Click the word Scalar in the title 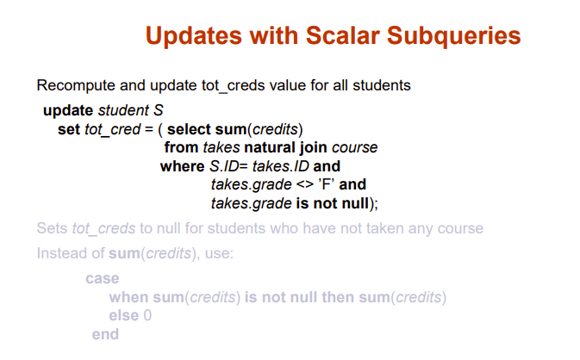pos(342,35)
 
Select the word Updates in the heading pos(194,36)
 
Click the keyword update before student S pos(68,110)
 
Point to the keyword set pos(69,130)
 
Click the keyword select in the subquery pos(189,129)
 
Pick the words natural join pos(285,147)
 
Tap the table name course pos(355,148)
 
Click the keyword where pos(183,166)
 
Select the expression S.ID pos(224,166)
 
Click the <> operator pos(305,184)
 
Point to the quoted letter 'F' pos(327,184)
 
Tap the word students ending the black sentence pos(382,85)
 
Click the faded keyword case pos(103,279)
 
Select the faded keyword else pos(124,316)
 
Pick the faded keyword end pos(105,334)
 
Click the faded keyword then pos(337,297)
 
